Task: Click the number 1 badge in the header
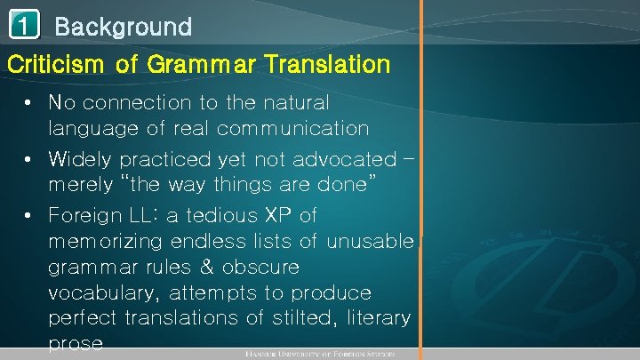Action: tap(24, 25)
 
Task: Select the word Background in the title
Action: tap(123, 27)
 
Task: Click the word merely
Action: tap(84, 186)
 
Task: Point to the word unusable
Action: tap(370, 241)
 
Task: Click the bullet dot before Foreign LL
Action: tap(30, 215)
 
